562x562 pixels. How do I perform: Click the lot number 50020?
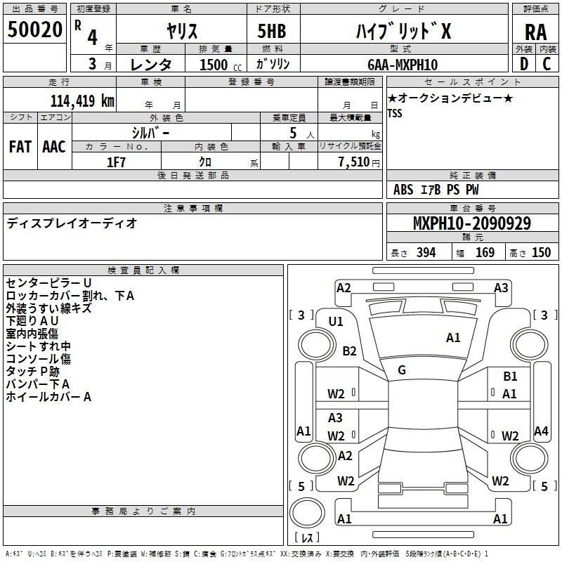click(34, 29)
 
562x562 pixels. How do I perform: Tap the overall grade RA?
click(535, 32)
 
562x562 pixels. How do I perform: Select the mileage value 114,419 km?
click(82, 100)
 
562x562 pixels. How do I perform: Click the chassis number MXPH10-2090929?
click(472, 223)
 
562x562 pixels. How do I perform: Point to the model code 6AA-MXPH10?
click(403, 65)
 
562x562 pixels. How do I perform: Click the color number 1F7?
click(116, 162)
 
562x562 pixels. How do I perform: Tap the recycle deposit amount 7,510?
click(354, 162)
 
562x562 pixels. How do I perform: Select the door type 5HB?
click(272, 31)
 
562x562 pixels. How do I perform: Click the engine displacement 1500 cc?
click(221, 65)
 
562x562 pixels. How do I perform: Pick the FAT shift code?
click(20, 147)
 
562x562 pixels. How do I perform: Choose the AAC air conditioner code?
click(54, 147)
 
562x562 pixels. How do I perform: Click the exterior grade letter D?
click(524, 64)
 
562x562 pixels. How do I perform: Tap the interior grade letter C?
click(547, 64)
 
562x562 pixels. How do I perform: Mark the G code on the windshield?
click(402, 370)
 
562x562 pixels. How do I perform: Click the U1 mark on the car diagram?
click(336, 322)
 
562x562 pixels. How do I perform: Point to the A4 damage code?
click(541, 431)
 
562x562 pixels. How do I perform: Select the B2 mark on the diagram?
click(349, 351)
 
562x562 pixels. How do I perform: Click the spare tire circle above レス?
click(307, 513)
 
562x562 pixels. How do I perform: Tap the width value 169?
click(485, 252)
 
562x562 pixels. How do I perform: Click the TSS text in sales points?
click(395, 113)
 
